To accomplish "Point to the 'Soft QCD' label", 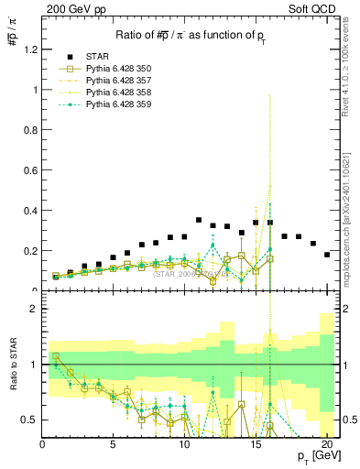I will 317,7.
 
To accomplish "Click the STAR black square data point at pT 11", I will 199,220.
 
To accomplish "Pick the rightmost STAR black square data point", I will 327,255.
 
